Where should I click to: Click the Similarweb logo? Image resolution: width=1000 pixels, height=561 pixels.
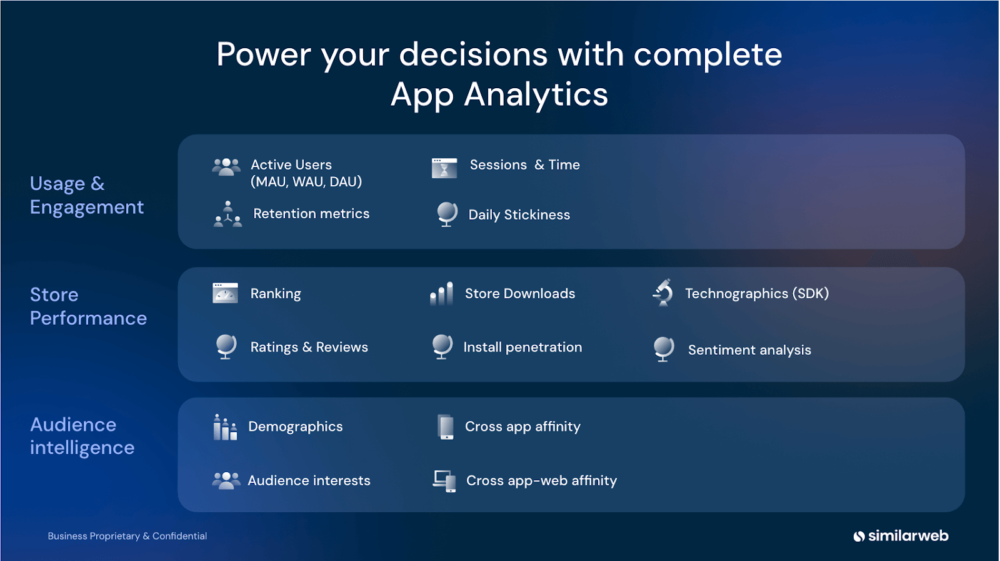tap(901, 536)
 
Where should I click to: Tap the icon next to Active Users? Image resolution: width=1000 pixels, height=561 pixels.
tap(226, 166)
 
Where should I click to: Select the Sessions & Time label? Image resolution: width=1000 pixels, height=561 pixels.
tap(524, 165)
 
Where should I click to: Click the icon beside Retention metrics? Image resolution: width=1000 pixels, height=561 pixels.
tap(227, 215)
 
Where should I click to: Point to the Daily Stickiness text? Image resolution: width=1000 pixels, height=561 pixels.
tap(519, 215)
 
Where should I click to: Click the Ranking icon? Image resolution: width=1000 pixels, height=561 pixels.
tap(225, 293)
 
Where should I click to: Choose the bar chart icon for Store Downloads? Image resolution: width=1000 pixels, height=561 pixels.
tap(441, 293)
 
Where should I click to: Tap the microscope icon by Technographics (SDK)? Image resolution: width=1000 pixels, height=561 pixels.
tap(663, 292)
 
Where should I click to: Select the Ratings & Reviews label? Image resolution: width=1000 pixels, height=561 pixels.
tap(309, 348)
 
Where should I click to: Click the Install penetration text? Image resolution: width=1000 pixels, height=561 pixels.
tap(522, 348)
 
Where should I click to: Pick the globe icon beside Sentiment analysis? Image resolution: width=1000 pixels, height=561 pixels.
tap(664, 349)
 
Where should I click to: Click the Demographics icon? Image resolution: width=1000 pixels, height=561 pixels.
tap(225, 427)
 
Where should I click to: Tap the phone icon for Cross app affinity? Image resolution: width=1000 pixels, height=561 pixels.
tap(446, 427)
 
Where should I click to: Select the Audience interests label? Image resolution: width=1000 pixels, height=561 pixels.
tap(309, 481)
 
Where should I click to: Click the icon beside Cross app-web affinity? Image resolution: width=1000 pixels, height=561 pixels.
tap(444, 481)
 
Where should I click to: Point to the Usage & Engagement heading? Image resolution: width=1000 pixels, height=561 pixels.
tap(86, 195)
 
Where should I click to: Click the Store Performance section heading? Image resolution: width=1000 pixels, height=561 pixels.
tap(88, 306)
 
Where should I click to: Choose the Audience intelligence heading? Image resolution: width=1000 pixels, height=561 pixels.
tap(82, 437)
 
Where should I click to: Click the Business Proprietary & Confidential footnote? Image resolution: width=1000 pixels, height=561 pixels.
tap(127, 536)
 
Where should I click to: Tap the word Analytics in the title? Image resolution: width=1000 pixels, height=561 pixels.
tap(536, 95)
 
